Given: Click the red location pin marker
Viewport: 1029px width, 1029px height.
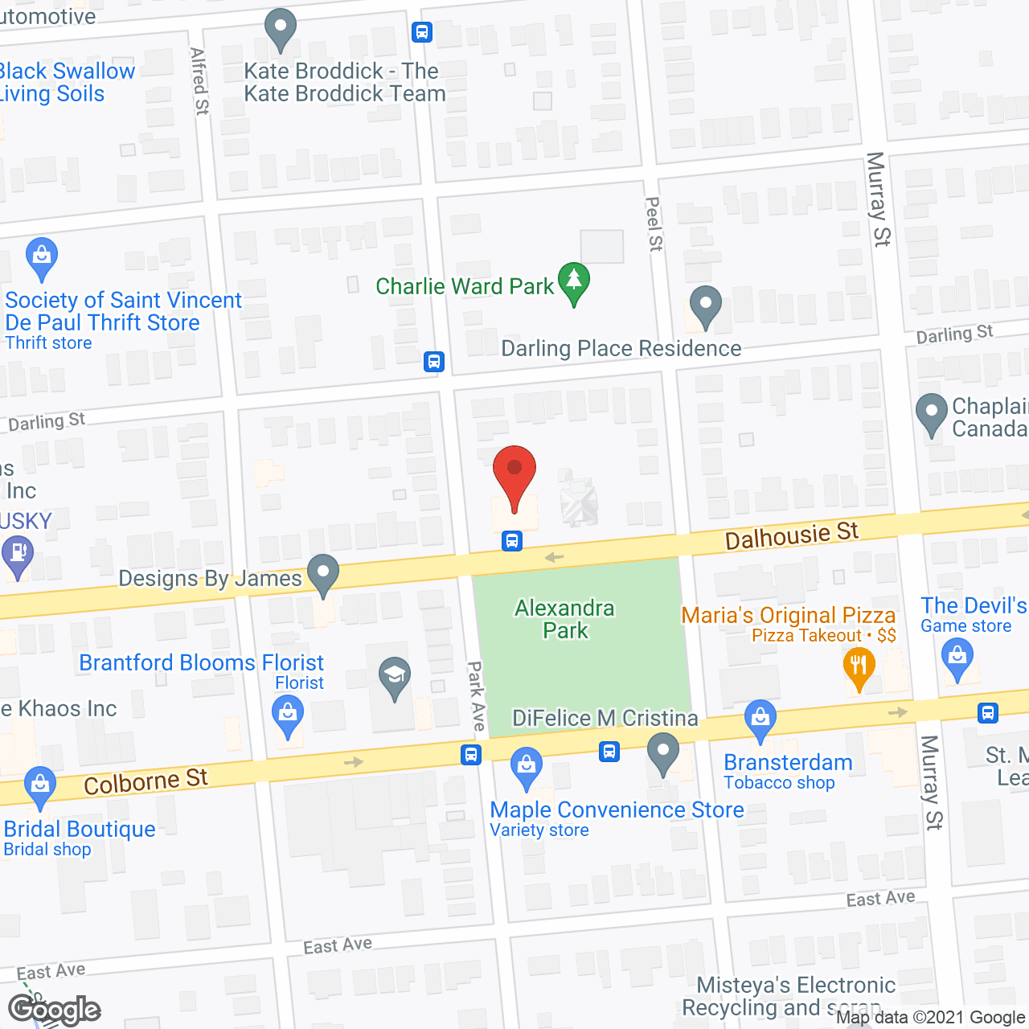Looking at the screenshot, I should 514,474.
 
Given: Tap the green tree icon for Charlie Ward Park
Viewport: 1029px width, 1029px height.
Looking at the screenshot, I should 573,281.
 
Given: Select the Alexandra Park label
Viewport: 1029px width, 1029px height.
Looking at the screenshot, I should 565,619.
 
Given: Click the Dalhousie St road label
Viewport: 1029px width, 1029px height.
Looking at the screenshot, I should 792,535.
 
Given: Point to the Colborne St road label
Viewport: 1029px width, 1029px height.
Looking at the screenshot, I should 146,781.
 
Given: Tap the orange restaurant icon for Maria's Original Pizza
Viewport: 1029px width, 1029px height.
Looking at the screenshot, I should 859,666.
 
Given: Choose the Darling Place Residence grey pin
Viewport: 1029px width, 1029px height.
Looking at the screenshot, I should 705,305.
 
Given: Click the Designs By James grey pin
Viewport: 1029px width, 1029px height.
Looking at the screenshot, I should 323,574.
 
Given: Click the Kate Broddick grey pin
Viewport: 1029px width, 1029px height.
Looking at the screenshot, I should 281,29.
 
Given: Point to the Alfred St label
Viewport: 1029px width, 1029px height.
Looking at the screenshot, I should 200,81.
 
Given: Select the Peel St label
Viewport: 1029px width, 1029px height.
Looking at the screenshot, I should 654,224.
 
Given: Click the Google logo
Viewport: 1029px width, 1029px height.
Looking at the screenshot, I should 54,1010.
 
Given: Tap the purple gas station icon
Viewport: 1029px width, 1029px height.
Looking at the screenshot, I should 17,555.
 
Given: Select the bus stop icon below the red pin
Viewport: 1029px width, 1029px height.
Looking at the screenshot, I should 512,541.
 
